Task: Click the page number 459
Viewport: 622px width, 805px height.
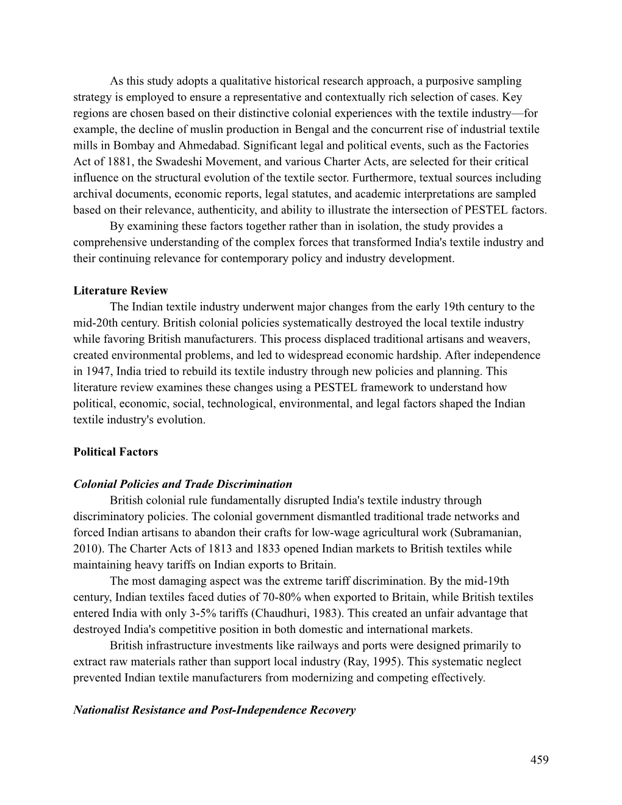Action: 539,759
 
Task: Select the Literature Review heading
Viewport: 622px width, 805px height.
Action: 120,290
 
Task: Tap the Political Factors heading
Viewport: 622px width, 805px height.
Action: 115,452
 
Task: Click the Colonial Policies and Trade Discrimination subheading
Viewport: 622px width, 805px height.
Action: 182,484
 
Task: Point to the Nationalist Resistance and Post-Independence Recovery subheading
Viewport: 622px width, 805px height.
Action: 214,710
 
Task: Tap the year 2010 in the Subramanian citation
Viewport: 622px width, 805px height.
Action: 85,548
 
